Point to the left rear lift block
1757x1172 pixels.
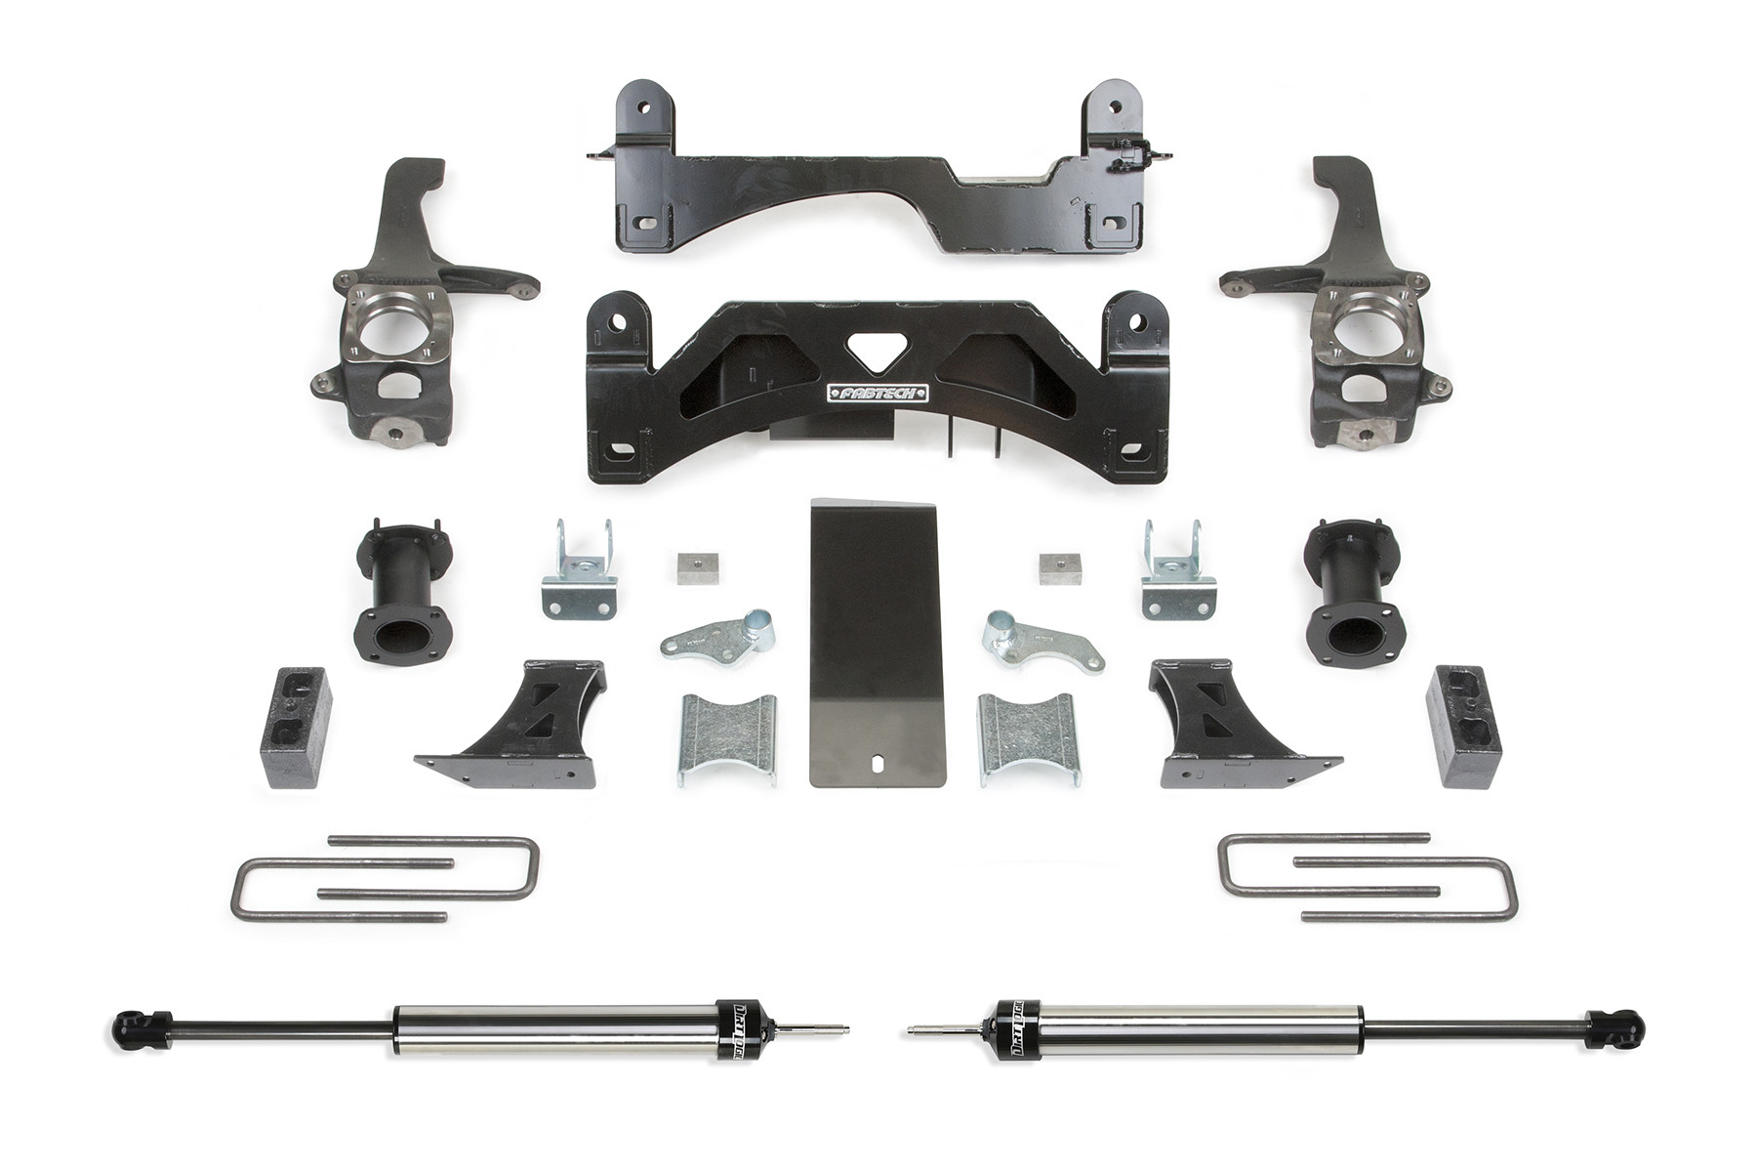(x=296, y=727)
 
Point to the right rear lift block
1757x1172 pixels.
(x=1465, y=727)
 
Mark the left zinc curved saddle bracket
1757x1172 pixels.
(x=727, y=737)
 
